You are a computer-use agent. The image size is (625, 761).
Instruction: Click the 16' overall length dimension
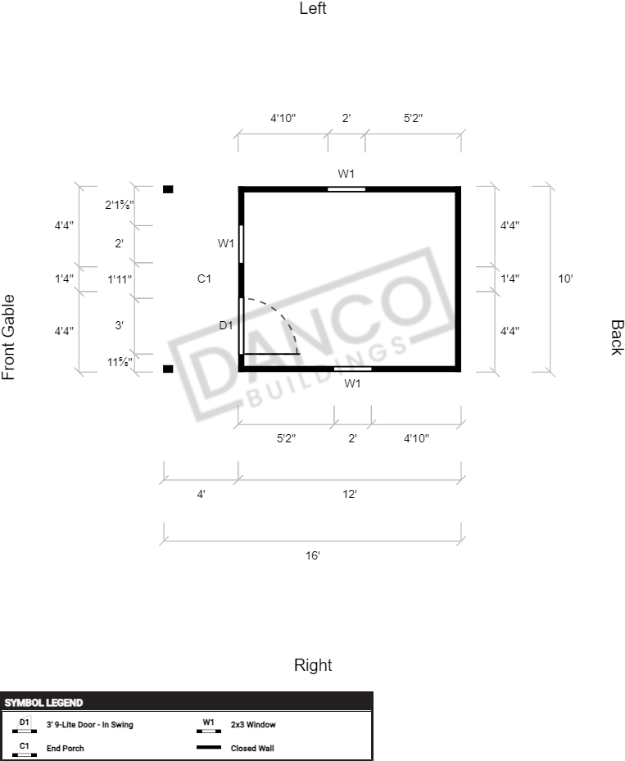pos(313,555)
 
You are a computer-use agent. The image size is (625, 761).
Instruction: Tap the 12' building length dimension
pos(350,494)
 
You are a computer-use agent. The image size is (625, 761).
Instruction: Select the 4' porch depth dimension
pos(201,494)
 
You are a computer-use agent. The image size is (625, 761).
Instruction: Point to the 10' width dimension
pos(565,279)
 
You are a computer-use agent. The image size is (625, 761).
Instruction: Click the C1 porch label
pos(204,279)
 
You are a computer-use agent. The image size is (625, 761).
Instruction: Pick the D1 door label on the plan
pos(226,325)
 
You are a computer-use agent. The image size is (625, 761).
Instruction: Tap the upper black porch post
pos(168,189)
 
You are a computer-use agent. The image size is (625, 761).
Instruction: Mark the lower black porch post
pos(168,369)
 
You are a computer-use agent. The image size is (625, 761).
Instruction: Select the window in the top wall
pos(346,189)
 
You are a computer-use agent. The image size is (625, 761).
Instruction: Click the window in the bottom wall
pos(353,369)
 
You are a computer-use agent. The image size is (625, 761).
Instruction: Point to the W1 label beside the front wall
pos(226,243)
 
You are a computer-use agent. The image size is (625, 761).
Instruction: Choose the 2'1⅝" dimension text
pos(120,205)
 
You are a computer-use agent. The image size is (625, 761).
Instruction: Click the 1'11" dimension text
pos(120,279)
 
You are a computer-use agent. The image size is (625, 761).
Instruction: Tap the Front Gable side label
pos(9,337)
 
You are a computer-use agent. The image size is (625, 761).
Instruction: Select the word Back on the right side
pos(616,337)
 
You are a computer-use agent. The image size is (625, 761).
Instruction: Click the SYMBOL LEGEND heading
pos(43,703)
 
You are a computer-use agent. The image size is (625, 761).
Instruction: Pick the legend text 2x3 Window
pos(253,725)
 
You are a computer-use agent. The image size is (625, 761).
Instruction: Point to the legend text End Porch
pos(65,749)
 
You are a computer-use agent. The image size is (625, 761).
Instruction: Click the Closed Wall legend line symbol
pos(209,747)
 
